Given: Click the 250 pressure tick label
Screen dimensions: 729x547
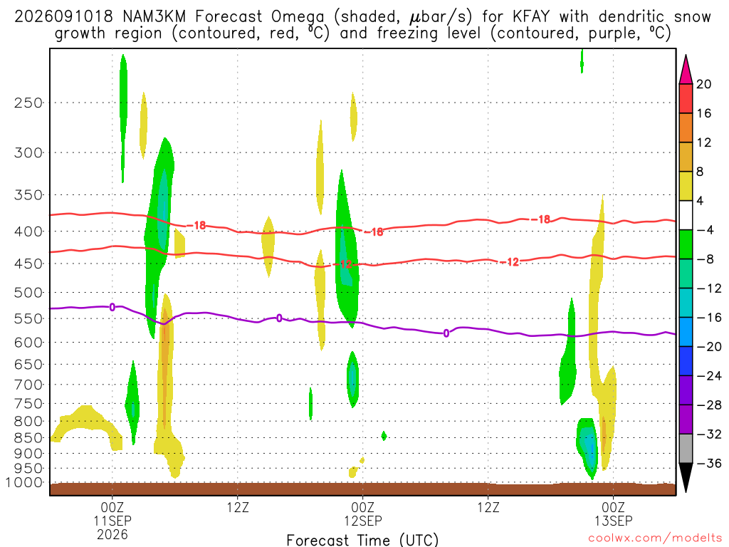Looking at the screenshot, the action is point(28,103).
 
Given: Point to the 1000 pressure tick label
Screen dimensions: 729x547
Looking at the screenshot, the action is point(25,483).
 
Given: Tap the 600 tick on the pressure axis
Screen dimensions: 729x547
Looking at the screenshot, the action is point(28,343).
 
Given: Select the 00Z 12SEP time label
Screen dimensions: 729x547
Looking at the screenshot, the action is point(362,514).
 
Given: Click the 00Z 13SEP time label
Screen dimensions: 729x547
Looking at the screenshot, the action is point(613,514).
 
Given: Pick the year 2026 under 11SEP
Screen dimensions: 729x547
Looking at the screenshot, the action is point(112,534).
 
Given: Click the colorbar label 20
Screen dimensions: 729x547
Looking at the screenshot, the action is point(703,84).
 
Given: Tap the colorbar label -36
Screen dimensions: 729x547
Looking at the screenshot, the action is point(709,463).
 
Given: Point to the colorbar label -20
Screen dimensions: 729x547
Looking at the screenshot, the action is point(709,347).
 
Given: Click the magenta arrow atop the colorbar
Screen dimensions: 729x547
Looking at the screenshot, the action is point(686,71).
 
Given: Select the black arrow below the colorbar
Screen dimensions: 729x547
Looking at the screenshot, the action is point(686,477).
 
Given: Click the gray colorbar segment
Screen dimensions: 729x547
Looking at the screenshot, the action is point(686,449).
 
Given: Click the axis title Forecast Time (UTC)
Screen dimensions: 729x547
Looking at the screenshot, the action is point(362,540).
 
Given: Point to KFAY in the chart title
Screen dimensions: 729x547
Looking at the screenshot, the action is point(530,17).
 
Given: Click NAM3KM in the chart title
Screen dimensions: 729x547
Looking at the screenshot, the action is point(154,17).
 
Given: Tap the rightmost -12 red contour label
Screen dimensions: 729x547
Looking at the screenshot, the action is point(512,262).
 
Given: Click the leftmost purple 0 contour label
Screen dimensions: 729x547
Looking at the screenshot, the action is point(112,307).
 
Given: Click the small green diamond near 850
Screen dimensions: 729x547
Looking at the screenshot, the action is point(384,436).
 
